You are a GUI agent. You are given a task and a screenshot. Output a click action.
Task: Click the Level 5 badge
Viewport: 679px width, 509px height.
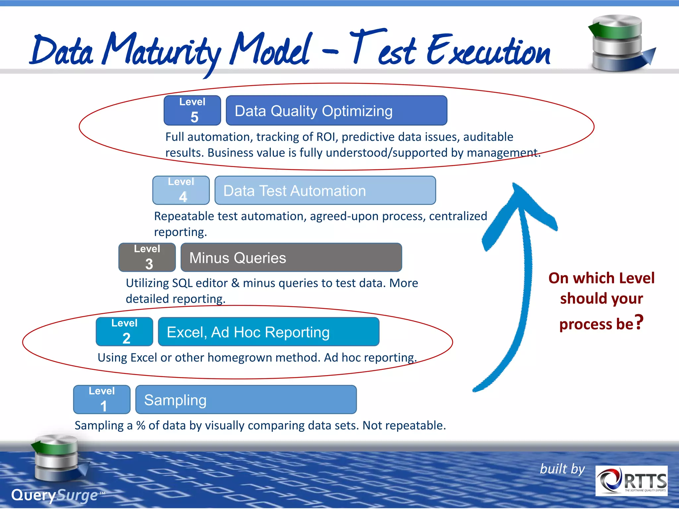(x=192, y=110)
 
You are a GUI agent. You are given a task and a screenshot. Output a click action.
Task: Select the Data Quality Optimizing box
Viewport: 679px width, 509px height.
(x=336, y=110)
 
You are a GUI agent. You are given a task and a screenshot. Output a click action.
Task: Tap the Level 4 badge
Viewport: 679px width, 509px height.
(x=181, y=190)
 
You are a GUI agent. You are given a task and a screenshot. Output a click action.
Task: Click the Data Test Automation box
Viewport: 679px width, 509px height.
(x=325, y=190)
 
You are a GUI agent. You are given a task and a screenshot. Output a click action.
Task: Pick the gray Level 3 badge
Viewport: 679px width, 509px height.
(x=147, y=257)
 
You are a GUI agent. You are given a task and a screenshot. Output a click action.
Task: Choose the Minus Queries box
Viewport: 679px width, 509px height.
(x=291, y=257)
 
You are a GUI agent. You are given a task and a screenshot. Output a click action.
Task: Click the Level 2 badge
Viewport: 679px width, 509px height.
(x=124, y=332)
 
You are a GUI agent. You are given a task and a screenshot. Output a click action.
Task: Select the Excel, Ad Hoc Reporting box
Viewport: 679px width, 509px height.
(x=269, y=332)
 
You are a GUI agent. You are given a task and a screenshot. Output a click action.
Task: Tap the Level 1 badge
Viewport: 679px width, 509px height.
(x=102, y=399)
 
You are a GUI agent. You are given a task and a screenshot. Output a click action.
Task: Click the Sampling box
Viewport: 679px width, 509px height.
(x=246, y=399)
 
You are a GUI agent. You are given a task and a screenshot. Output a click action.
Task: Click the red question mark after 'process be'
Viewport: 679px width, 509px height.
(x=639, y=322)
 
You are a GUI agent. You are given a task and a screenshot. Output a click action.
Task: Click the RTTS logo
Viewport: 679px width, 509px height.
(x=631, y=481)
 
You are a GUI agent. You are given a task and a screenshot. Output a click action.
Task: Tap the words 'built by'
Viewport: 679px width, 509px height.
(x=562, y=469)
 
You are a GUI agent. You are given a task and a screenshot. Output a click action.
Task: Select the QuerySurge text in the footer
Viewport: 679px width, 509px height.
(x=55, y=495)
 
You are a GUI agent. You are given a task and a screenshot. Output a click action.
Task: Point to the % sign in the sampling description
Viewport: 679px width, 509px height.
(x=141, y=425)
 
